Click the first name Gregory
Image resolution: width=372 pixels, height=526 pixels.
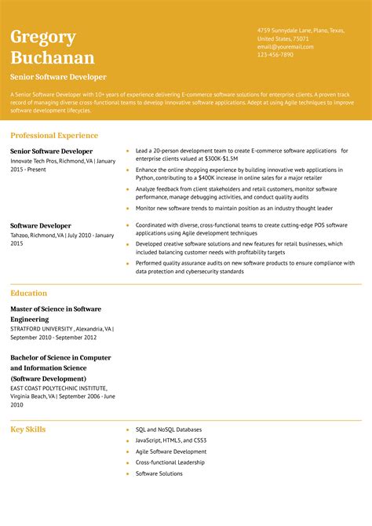43,37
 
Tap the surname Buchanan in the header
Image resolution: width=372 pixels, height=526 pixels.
53,57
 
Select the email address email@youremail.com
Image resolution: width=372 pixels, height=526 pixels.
285,46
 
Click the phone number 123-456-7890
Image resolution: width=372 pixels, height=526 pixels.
275,54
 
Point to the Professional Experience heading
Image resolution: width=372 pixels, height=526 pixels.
54,135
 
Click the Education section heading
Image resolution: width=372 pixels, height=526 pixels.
29,293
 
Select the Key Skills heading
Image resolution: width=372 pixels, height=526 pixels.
28,429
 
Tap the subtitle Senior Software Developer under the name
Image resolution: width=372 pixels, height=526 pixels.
58,77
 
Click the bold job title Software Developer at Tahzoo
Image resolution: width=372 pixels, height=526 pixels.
40,225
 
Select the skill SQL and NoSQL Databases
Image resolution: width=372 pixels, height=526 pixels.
168,429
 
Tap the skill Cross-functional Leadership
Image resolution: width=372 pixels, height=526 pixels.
170,462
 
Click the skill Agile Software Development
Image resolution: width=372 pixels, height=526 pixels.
170,451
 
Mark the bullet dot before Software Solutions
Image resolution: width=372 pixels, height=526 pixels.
127,474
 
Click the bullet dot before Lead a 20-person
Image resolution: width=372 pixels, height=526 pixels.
127,151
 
